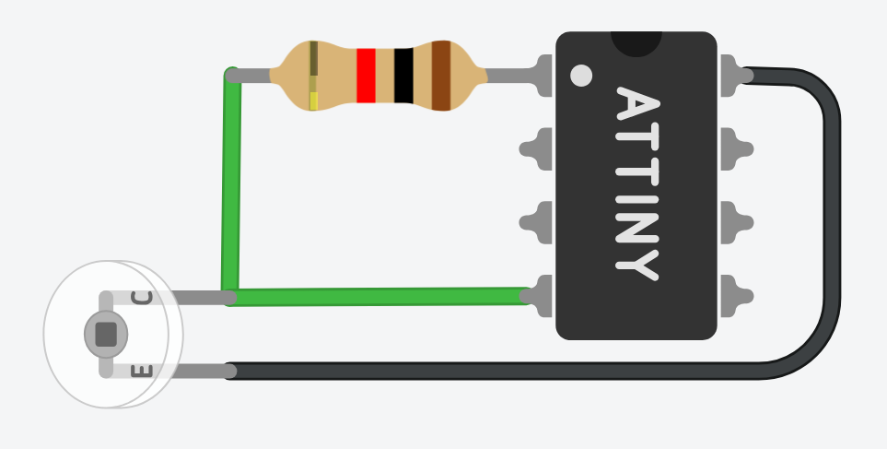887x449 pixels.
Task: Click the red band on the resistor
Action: pyautogui.click(x=366, y=76)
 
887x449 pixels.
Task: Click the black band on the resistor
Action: pyautogui.click(x=403, y=76)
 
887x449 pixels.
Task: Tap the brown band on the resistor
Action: pyautogui.click(x=441, y=76)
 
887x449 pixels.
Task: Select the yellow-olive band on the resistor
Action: pyautogui.click(x=313, y=76)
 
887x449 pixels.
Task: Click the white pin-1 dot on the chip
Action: pyautogui.click(x=581, y=76)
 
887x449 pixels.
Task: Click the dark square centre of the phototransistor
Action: pyautogui.click(x=106, y=334)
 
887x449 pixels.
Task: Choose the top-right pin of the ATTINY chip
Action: pyautogui.click(x=734, y=76)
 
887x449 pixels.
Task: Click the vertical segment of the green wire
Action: pyautogui.click(x=230, y=184)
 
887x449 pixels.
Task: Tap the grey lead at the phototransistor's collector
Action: pyautogui.click(x=193, y=297)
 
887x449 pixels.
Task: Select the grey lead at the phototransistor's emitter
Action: pyautogui.click(x=193, y=371)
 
